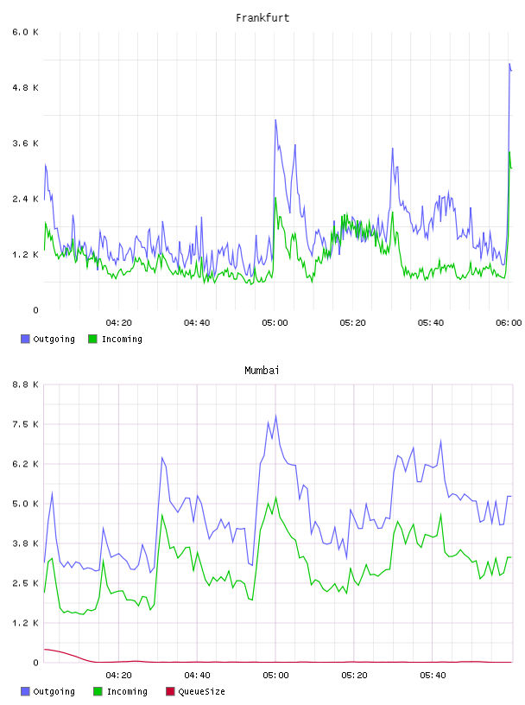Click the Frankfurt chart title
point(262,17)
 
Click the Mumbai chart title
point(262,370)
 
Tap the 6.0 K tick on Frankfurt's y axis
point(25,32)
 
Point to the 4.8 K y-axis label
point(25,87)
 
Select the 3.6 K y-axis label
point(25,143)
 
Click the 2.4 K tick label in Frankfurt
point(25,199)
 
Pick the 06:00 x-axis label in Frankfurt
point(509,322)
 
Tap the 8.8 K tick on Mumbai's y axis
point(25,384)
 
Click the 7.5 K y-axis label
point(25,424)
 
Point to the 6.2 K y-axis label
point(25,464)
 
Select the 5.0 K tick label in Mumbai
point(25,504)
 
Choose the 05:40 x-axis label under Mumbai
point(433,675)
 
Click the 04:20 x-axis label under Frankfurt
point(118,322)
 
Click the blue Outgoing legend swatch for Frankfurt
point(25,339)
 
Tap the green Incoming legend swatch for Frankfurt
point(92,339)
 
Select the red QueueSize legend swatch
point(170,691)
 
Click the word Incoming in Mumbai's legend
point(127,691)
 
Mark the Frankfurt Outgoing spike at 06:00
point(509,64)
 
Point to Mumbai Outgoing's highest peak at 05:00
point(276,415)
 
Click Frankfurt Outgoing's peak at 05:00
point(275,119)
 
